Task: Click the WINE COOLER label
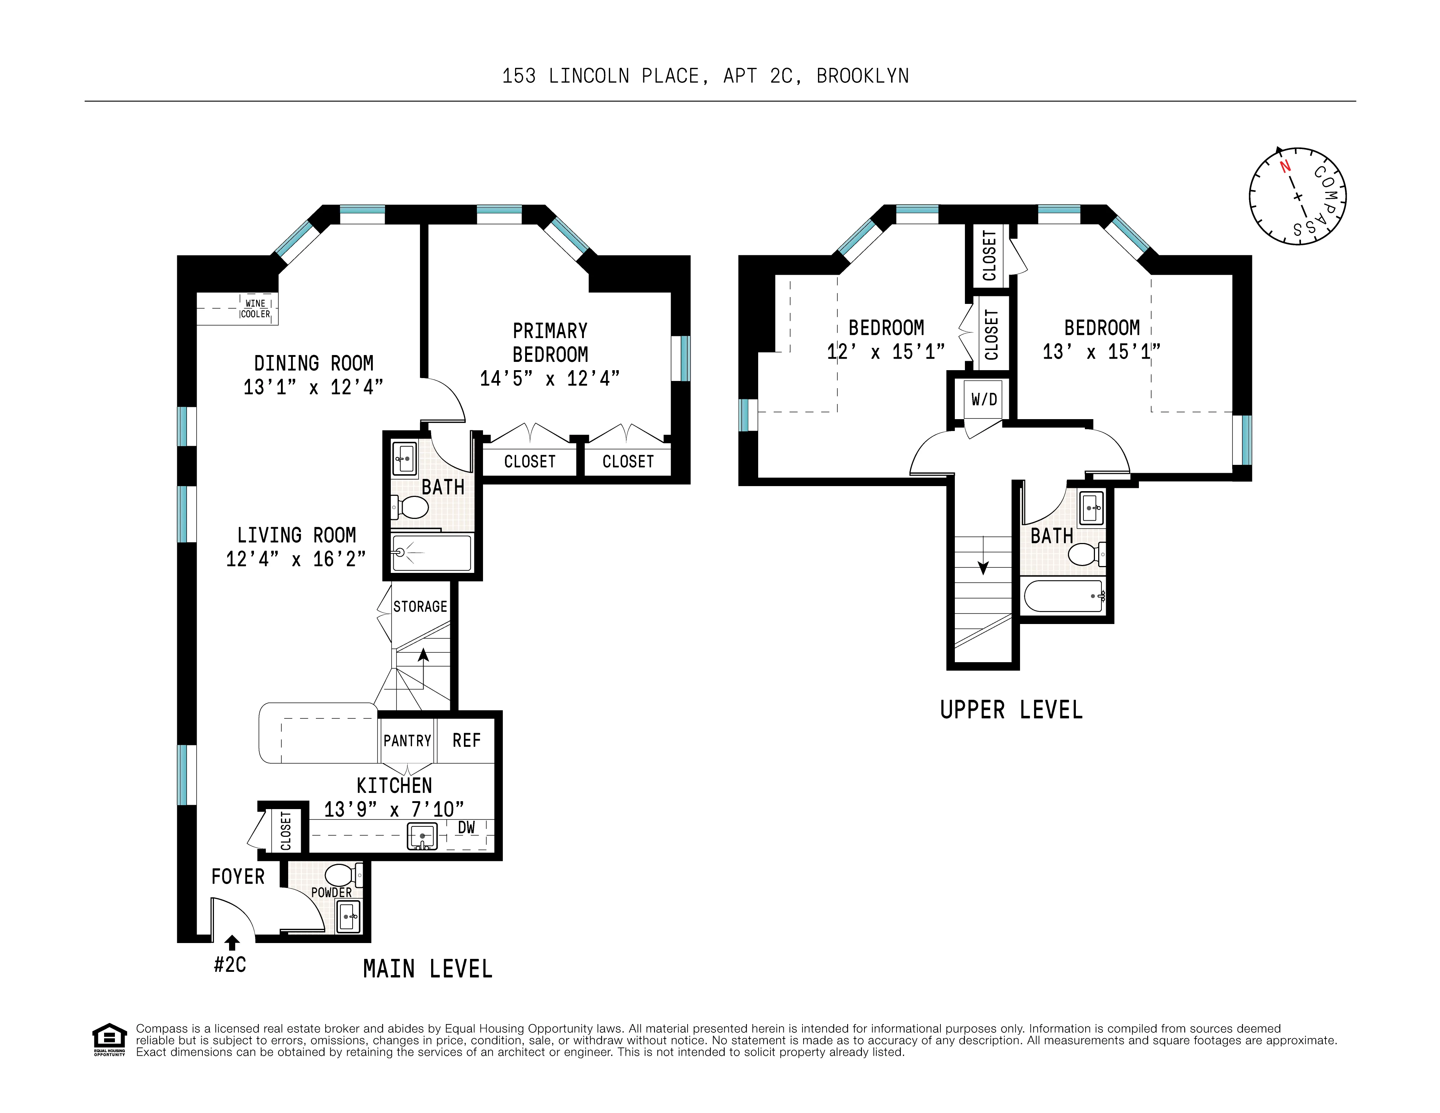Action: (x=255, y=308)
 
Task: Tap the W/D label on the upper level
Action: (x=984, y=399)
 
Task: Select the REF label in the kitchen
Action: (x=466, y=741)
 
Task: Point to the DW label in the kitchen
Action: (x=466, y=828)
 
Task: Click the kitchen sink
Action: (x=422, y=837)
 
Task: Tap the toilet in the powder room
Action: (x=340, y=875)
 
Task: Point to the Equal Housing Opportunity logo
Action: (x=109, y=1039)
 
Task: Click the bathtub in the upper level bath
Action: (x=1063, y=596)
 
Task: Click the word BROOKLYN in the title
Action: (x=862, y=76)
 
